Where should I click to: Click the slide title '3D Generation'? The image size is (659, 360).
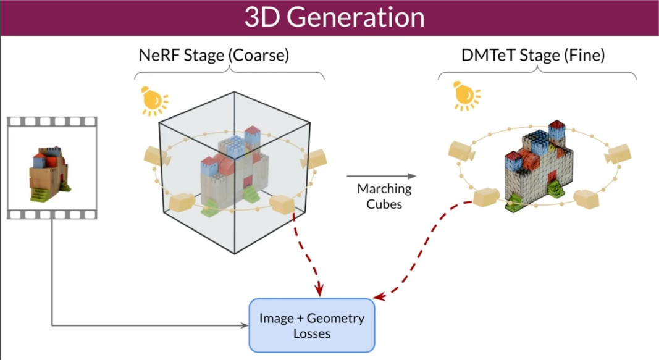(x=334, y=17)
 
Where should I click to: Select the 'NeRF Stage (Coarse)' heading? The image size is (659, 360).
(x=214, y=55)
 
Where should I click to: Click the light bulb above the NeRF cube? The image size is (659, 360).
(x=153, y=99)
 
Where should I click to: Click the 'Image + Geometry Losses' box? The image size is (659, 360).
(x=312, y=325)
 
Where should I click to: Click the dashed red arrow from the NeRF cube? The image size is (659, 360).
(x=307, y=253)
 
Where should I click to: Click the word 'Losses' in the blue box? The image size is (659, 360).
(x=312, y=333)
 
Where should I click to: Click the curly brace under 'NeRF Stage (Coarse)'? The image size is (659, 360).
(x=230, y=73)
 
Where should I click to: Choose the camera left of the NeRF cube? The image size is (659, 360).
(x=154, y=156)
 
